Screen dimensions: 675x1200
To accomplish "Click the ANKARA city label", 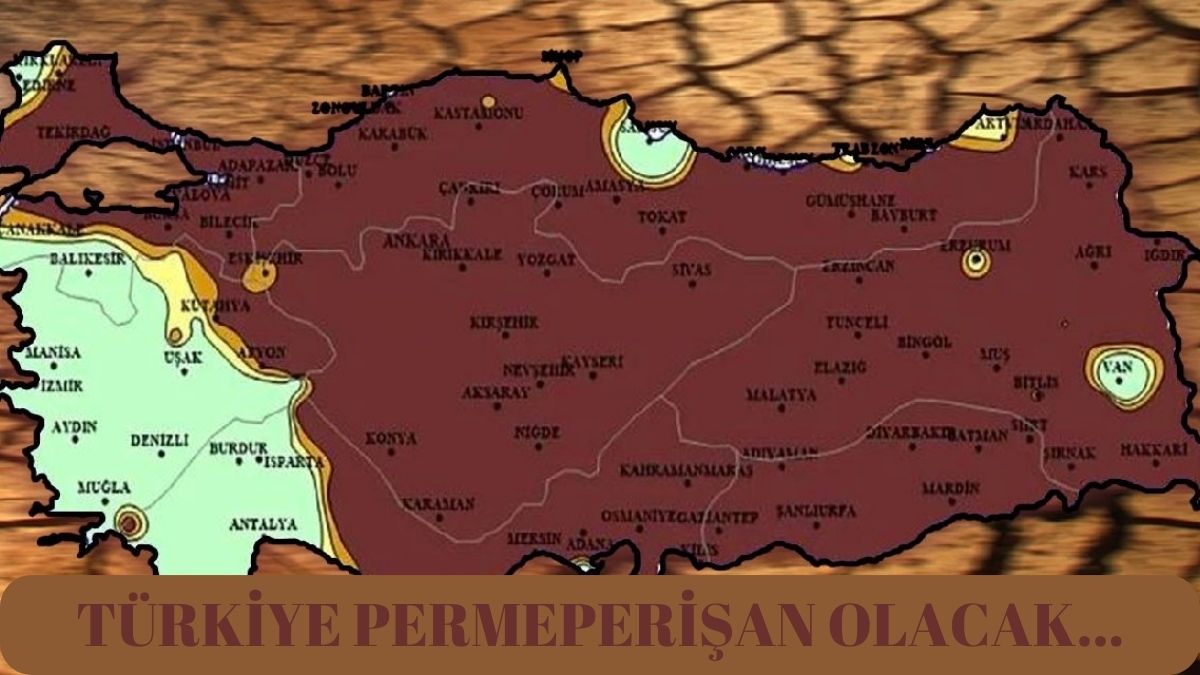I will pos(416,241).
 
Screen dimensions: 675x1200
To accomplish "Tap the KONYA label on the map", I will pos(391,438).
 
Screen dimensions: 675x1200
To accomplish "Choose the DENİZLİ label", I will pos(159,440).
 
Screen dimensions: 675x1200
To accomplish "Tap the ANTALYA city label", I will pos(263,524).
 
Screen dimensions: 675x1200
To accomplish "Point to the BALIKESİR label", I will pos(88,260).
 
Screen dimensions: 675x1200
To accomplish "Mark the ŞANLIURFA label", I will pos(816,510).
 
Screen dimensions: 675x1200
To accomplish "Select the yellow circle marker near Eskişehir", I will pos(260,276).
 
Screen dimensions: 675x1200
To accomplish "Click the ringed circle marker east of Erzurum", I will pos(975,263).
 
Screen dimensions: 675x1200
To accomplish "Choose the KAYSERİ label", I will pos(592,361).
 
